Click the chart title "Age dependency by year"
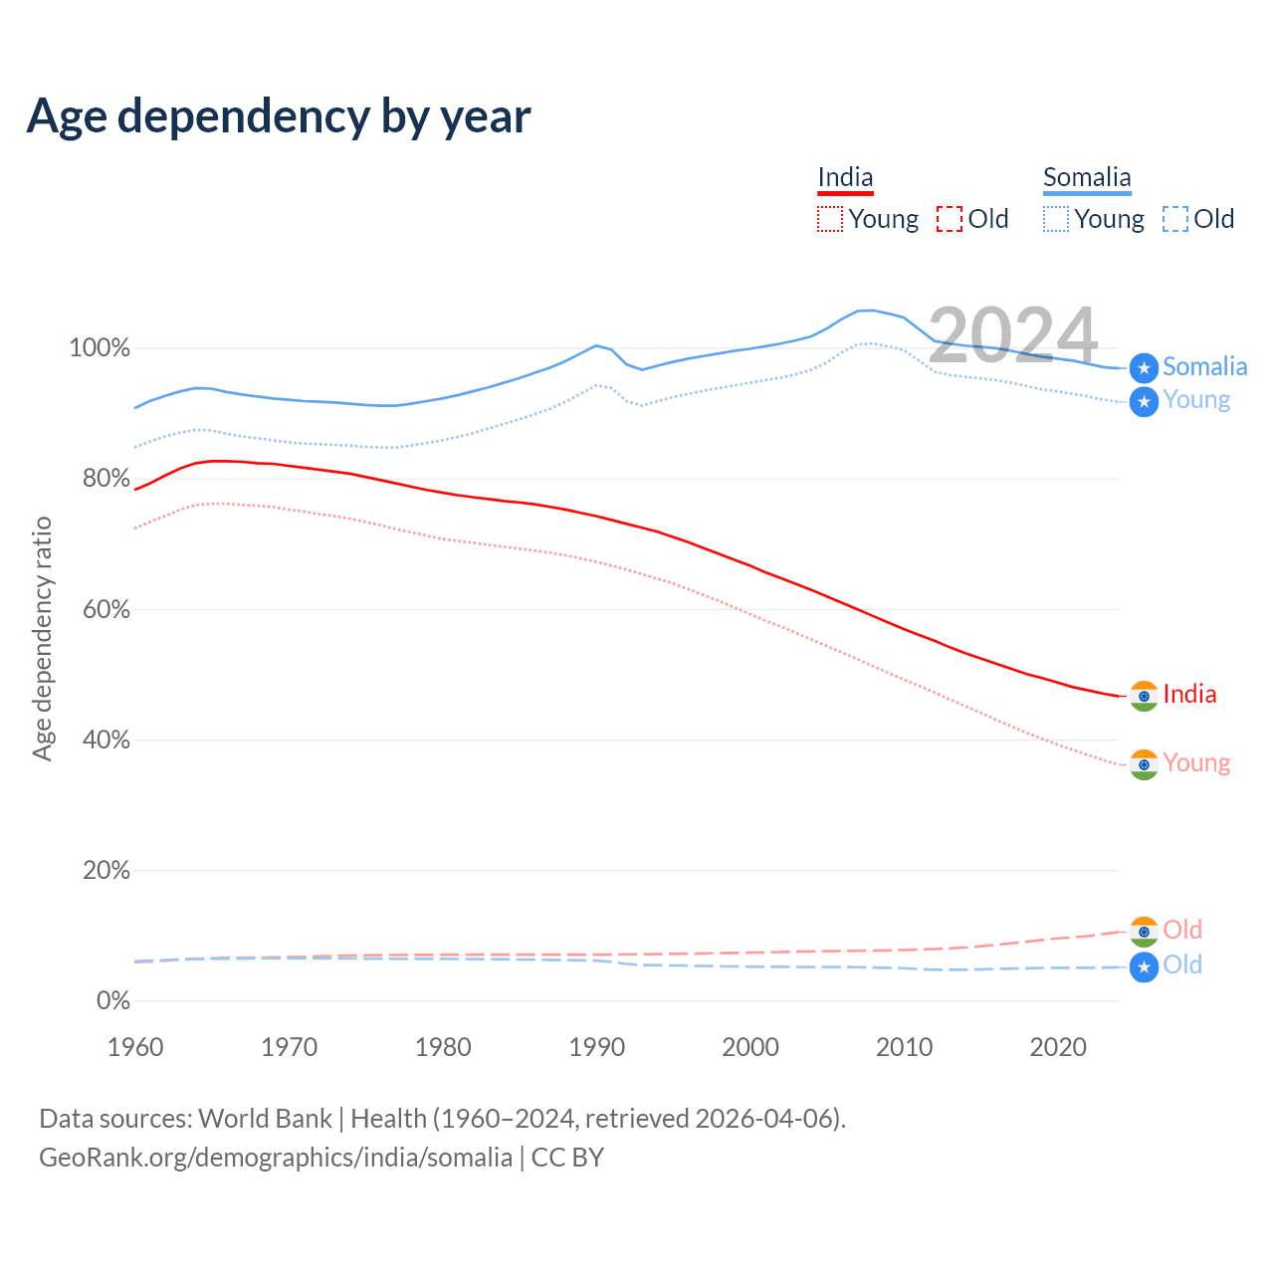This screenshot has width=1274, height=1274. click(279, 116)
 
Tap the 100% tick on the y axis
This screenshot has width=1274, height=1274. click(100, 348)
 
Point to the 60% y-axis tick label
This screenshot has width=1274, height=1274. click(106, 609)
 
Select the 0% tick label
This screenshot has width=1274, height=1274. click(113, 1000)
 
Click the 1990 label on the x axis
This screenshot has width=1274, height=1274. click(596, 1047)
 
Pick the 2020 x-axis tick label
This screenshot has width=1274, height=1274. click(1057, 1047)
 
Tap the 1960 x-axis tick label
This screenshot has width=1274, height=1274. click(135, 1047)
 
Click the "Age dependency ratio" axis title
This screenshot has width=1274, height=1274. click(42, 638)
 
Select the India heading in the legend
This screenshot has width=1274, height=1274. click(845, 178)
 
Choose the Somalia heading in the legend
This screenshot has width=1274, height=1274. click(1087, 178)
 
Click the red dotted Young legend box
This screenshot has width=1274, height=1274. click(830, 219)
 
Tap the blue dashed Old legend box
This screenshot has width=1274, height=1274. click(1175, 219)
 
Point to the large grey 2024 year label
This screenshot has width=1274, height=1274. click(1012, 335)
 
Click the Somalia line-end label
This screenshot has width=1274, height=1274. click(1204, 366)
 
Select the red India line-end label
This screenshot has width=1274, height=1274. click(1189, 694)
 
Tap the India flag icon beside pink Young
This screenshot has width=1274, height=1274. click(1145, 764)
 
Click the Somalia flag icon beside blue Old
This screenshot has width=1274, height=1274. click(1145, 966)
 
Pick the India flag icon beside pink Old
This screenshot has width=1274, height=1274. click(1145, 932)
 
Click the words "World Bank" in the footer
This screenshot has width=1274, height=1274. click(265, 1119)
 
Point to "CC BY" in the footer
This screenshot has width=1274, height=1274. click(567, 1158)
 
